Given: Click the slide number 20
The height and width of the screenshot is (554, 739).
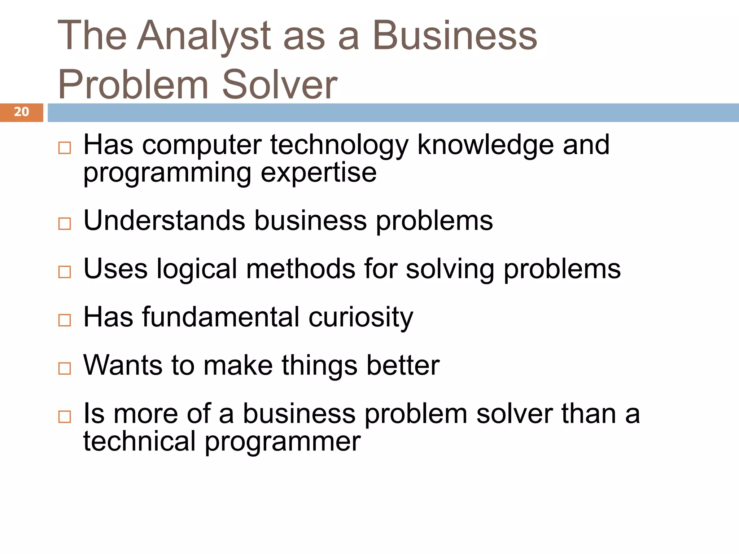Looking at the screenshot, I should (21, 112).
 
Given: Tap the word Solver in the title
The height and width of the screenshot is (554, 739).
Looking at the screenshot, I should (280, 85).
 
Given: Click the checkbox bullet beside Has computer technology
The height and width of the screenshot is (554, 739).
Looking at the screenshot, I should (65, 148).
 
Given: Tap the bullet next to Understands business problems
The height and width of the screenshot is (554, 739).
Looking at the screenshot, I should (65, 224).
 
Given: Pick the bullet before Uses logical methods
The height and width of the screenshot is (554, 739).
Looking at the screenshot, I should (65, 272).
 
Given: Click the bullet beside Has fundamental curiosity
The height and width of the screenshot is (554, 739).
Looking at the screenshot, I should (65, 320).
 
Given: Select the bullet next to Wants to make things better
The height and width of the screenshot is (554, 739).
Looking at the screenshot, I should (65, 368).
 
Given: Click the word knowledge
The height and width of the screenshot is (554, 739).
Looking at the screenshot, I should (485, 145).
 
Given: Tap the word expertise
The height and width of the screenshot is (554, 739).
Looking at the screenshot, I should (318, 173).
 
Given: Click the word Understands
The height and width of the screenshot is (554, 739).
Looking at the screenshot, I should (164, 221).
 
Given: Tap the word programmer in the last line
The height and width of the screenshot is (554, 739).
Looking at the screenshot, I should (283, 442).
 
